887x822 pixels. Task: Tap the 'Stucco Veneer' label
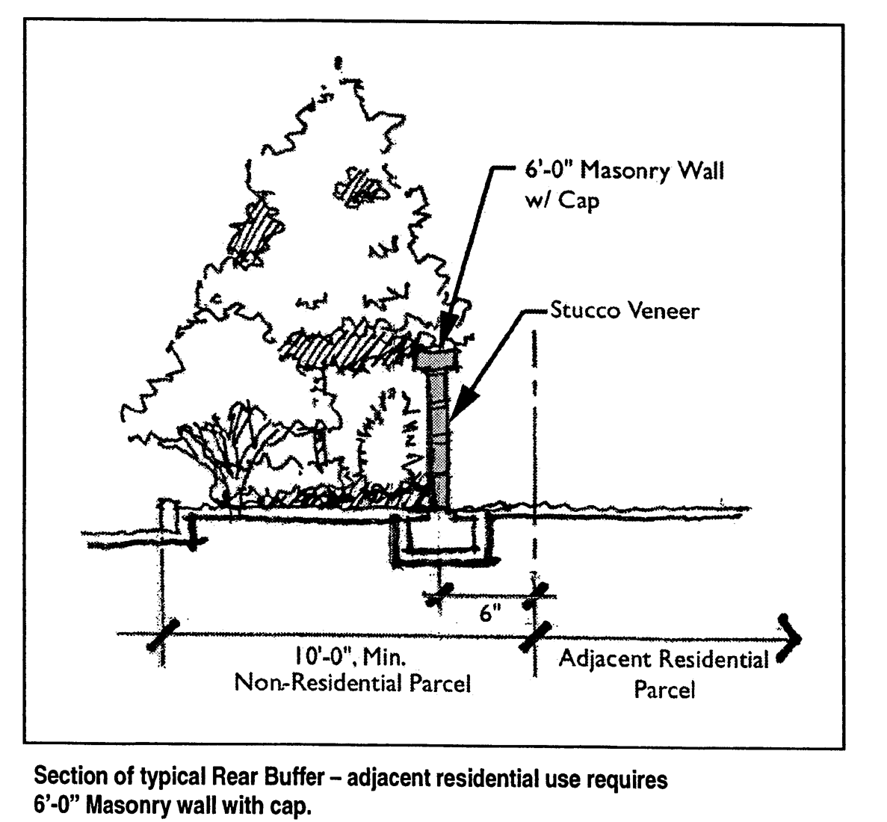coord(624,311)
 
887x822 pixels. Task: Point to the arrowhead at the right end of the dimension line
coord(790,637)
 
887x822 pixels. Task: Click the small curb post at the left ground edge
coord(169,515)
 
